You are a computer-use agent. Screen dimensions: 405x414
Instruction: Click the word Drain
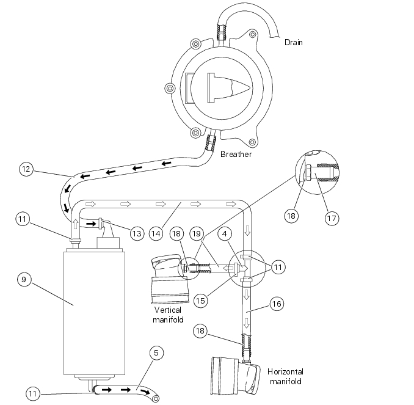293,43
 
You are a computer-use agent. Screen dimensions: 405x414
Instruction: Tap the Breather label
236,155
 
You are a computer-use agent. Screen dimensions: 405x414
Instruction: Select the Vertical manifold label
168,314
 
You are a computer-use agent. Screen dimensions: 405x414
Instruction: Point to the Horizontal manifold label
285,377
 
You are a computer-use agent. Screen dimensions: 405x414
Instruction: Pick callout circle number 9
23,280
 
